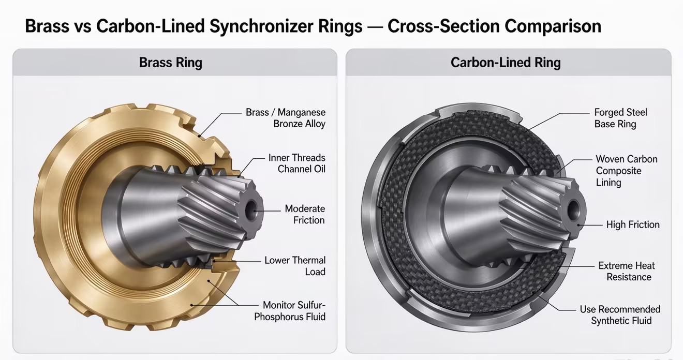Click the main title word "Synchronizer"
(x=286, y=26)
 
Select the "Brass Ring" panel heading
(x=170, y=63)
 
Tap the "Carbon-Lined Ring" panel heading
(x=506, y=63)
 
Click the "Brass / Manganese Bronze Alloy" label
(x=286, y=118)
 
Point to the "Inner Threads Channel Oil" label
(x=296, y=163)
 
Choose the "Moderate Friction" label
(x=305, y=214)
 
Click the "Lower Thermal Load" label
(x=295, y=266)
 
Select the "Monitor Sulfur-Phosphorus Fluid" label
(x=290, y=311)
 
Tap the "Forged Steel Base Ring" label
(x=620, y=118)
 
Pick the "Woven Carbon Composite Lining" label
(x=627, y=171)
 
